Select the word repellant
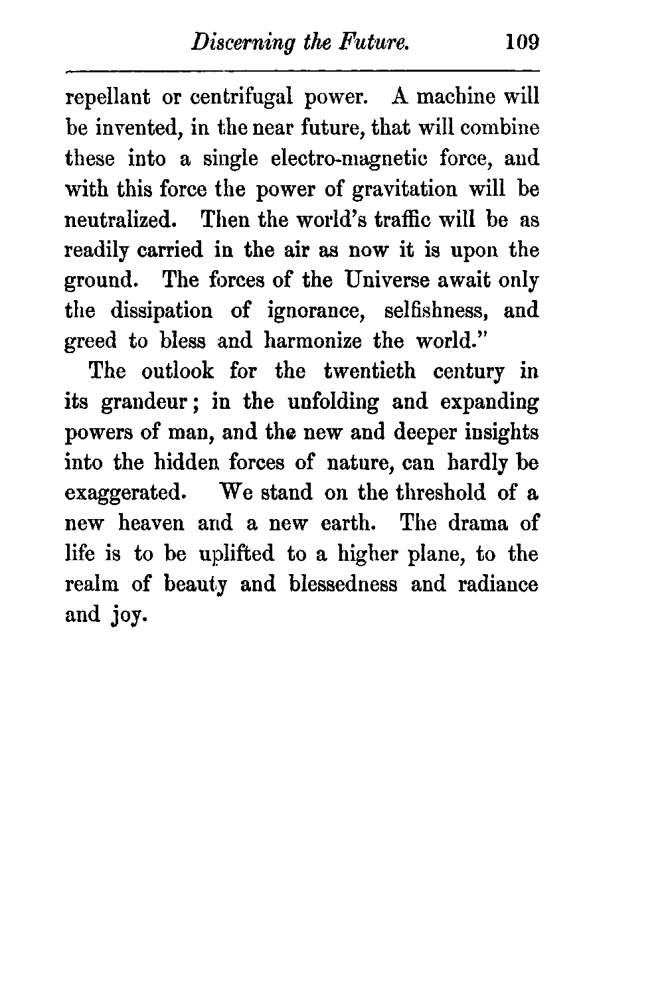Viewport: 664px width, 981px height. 107,98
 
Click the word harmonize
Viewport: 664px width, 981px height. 313,340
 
